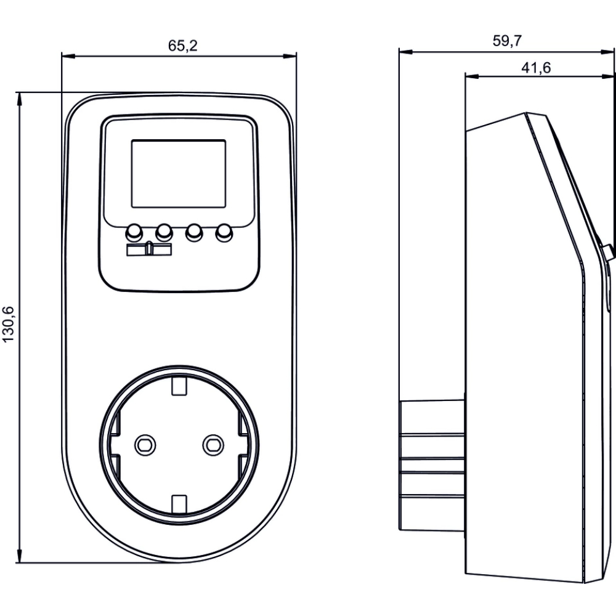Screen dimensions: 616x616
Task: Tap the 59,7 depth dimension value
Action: tap(508, 41)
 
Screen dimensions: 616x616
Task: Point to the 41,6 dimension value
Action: tap(535, 68)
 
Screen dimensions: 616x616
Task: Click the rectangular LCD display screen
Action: tap(179, 173)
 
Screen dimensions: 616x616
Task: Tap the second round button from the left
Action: tap(164, 232)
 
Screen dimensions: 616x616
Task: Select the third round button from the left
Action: tap(194, 232)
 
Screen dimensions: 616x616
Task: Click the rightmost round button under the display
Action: tap(224, 232)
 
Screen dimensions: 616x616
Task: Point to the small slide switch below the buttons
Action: tap(150, 249)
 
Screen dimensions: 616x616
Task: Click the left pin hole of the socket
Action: tap(145, 443)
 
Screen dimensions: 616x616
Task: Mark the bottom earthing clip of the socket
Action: tap(179, 502)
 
